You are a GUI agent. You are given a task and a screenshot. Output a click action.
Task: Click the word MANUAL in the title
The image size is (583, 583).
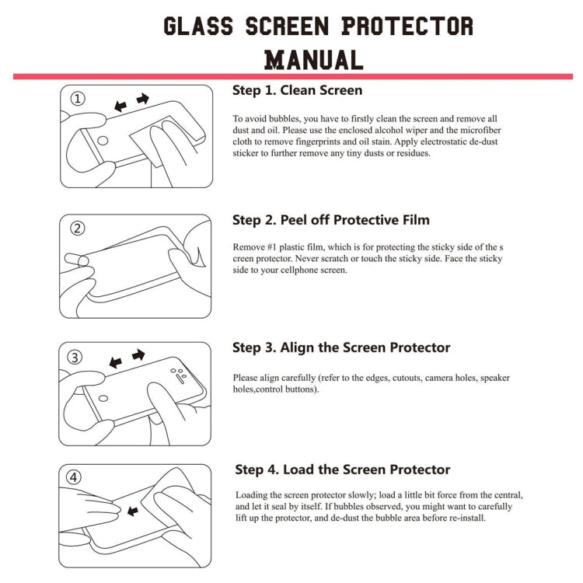coord(313,59)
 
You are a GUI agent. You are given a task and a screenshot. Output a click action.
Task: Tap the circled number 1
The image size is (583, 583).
coord(79,99)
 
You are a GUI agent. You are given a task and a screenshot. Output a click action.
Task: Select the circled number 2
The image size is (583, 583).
coord(78,229)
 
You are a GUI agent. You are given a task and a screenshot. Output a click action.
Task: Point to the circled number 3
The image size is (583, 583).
coord(75,358)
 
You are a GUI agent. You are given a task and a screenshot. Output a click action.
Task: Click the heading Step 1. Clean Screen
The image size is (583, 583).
coord(297,90)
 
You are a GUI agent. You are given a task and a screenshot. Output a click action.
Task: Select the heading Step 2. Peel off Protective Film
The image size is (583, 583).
coord(331,220)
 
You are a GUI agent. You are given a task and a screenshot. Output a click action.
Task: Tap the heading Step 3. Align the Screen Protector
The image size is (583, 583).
coord(341,347)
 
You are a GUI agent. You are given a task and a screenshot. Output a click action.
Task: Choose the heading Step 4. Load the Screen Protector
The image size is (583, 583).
coord(343,470)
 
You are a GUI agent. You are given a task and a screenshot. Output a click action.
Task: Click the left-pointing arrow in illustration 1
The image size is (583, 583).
coord(120,105)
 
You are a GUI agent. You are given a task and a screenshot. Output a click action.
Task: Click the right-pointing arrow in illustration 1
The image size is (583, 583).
coord(142,99)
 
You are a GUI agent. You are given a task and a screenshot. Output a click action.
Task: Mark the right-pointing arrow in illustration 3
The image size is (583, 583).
coord(138,355)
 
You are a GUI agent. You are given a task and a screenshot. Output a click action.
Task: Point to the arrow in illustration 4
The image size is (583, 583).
coord(131,511)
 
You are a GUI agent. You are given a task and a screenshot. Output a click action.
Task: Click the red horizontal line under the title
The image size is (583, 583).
coord(292,76)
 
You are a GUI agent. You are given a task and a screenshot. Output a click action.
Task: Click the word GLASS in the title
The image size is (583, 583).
coord(198,26)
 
